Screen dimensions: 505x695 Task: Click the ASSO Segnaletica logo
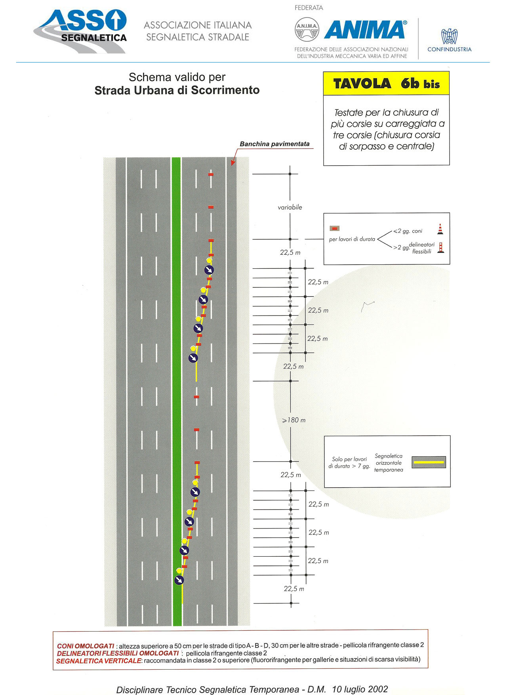(80, 31)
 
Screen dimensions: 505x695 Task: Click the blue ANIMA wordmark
(365, 30)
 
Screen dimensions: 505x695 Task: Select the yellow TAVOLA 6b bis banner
(386, 84)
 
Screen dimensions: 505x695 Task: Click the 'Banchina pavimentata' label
(274, 144)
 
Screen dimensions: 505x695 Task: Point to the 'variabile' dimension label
(290, 207)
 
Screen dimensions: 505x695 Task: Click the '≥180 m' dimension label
(293, 420)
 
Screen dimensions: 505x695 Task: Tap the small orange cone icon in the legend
(440, 229)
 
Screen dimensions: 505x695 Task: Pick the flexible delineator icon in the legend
(440, 248)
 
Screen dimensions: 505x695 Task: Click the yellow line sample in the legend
(429, 462)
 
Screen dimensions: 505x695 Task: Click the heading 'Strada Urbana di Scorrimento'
(177, 90)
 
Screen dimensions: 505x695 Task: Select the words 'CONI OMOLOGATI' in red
(86, 646)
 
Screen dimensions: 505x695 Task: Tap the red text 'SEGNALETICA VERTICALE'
(99, 661)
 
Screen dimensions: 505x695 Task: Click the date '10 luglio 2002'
(360, 689)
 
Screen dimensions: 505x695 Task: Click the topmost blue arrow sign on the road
(209, 270)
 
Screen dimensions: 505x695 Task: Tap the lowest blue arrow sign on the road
(179, 580)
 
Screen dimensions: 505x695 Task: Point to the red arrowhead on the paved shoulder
(233, 162)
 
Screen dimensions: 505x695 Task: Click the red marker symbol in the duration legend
(335, 228)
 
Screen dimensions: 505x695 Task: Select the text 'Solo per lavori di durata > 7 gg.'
(349, 462)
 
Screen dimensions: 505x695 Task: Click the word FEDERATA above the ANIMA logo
(309, 8)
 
